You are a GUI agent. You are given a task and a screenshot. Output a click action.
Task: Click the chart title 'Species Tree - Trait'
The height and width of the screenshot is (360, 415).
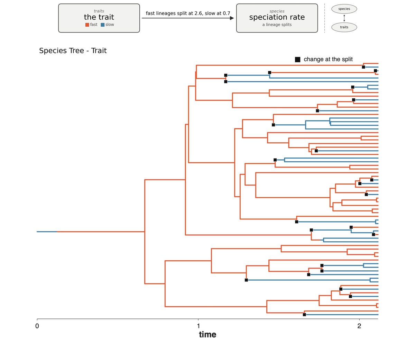pyautogui.click(x=73, y=51)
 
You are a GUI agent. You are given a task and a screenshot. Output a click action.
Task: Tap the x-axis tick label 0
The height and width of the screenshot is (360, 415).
pyautogui.click(x=37, y=326)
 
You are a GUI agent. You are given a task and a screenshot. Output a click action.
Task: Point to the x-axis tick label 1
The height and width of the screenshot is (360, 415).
pyautogui.click(x=199, y=326)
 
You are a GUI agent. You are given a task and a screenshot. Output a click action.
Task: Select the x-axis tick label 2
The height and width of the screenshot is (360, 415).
pyautogui.click(x=359, y=326)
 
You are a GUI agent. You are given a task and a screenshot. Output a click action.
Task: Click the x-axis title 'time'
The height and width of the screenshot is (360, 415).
pyautogui.click(x=207, y=334)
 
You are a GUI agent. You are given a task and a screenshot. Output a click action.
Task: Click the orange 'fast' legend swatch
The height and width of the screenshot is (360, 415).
pyautogui.click(x=87, y=25)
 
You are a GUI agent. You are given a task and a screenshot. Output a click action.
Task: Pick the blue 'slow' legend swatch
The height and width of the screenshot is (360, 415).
pyautogui.click(x=103, y=25)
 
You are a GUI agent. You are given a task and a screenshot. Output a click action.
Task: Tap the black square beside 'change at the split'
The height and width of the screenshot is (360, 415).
pyautogui.click(x=297, y=60)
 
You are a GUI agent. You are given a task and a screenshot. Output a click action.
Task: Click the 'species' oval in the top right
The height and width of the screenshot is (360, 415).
pyautogui.click(x=344, y=9)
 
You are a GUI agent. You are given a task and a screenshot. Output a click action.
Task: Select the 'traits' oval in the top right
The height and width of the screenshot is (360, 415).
pyautogui.click(x=344, y=27)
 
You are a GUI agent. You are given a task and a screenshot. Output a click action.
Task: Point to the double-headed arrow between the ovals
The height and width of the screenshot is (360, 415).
pyautogui.click(x=344, y=18)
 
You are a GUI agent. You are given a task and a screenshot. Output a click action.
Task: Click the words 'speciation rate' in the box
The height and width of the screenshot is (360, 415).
pyautogui.click(x=277, y=17)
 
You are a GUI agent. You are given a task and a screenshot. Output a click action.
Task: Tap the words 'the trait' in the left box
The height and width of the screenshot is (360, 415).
pyautogui.click(x=99, y=17)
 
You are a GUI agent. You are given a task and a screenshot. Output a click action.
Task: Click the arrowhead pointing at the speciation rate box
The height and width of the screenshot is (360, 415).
pyautogui.click(x=232, y=18)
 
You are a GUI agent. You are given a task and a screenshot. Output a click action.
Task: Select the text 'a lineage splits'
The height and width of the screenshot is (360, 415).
pyautogui.click(x=277, y=25)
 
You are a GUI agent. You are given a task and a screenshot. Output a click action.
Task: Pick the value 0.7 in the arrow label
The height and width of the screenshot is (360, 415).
pyautogui.click(x=227, y=13)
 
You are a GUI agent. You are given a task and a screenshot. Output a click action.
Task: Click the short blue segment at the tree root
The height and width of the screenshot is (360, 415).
pyautogui.click(x=47, y=232)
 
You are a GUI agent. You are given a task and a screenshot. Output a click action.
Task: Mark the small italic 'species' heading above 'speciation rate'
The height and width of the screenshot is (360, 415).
pyautogui.click(x=277, y=11)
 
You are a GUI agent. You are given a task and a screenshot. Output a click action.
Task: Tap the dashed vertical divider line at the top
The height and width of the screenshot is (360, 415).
pyautogui.click(x=324, y=18)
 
